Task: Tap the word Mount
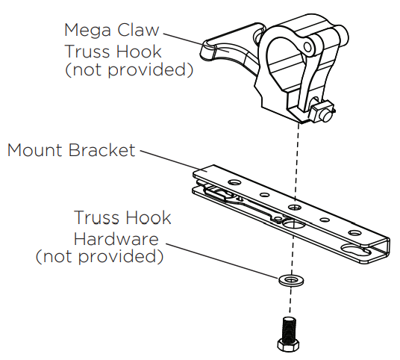34,150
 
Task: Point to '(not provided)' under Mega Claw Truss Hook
129,70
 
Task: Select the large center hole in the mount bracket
290,223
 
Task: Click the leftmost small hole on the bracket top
234,181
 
